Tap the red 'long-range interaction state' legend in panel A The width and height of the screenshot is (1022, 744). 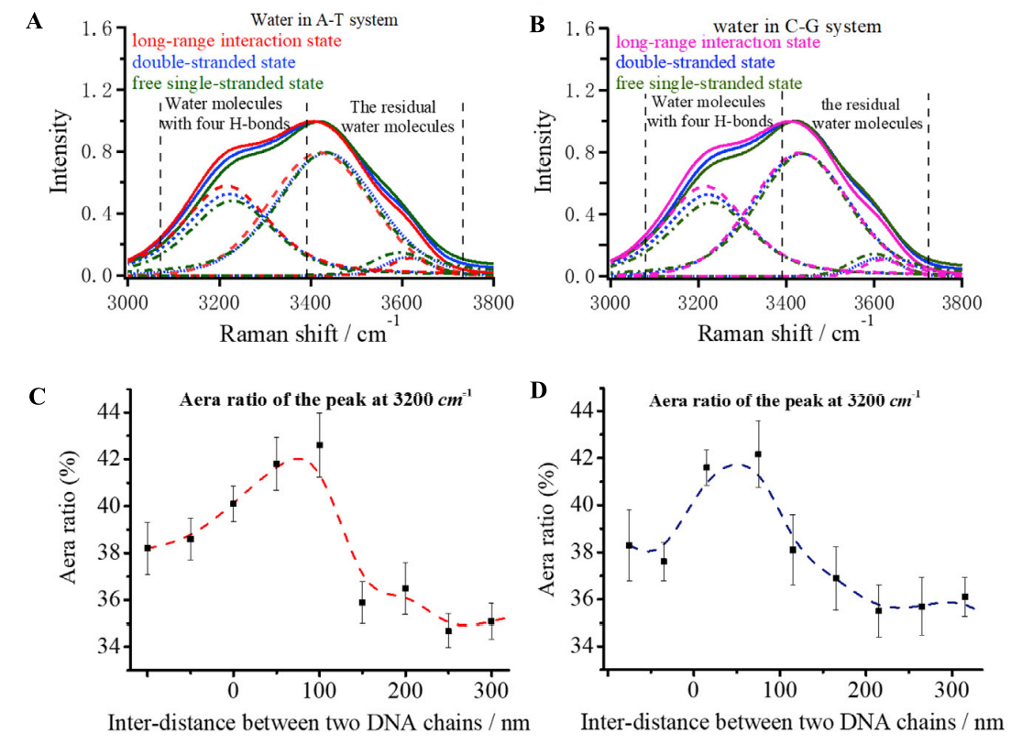tap(237, 41)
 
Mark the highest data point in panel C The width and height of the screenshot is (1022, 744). tap(320, 445)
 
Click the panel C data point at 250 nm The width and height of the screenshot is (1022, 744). tap(448, 630)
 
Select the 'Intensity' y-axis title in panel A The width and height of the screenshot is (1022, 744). tap(59, 151)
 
